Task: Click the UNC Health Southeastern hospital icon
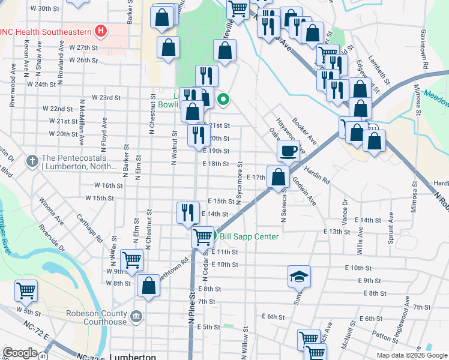(101, 30)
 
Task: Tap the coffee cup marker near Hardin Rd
(289, 151)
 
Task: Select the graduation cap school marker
(299, 277)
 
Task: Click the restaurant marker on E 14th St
(188, 212)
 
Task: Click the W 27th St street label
(83, 47)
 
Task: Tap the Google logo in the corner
(20, 353)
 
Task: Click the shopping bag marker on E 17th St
(278, 177)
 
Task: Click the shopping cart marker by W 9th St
(131, 260)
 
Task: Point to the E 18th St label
(216, 163)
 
